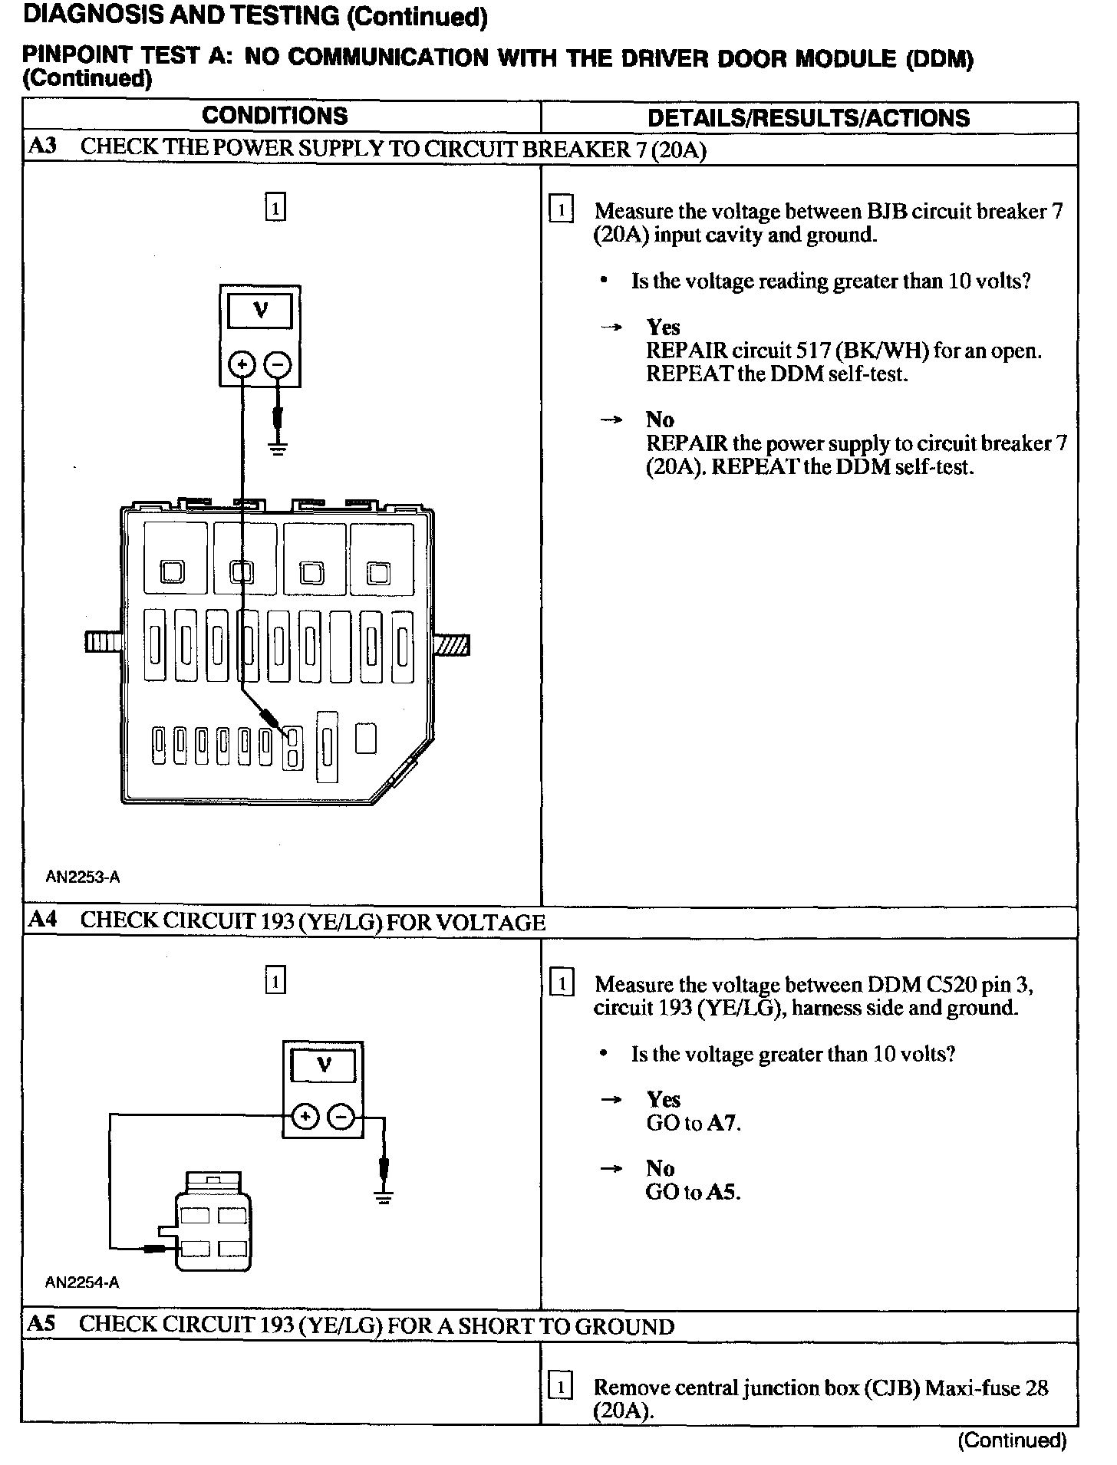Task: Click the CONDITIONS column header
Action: (275, 117)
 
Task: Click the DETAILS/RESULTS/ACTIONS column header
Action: (809, 118)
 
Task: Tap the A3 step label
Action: (42, 147)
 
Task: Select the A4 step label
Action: (42, 920)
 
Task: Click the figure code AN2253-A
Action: (83, 877)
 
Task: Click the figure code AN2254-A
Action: (82, 1282)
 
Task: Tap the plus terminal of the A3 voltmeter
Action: (242, 364)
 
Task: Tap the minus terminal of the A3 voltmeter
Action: (278, 364)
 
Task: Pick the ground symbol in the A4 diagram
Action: (384, 1197)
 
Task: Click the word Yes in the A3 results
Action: (663, 328)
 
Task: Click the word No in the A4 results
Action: (660, 1168)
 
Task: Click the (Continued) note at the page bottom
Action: (1012, 1440)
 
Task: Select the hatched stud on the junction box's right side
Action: (453, 644)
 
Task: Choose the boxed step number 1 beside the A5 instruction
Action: (562, 1388)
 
